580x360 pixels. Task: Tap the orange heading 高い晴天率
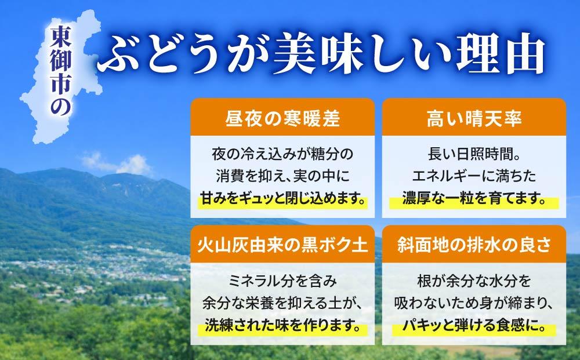(x=474, y=119)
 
